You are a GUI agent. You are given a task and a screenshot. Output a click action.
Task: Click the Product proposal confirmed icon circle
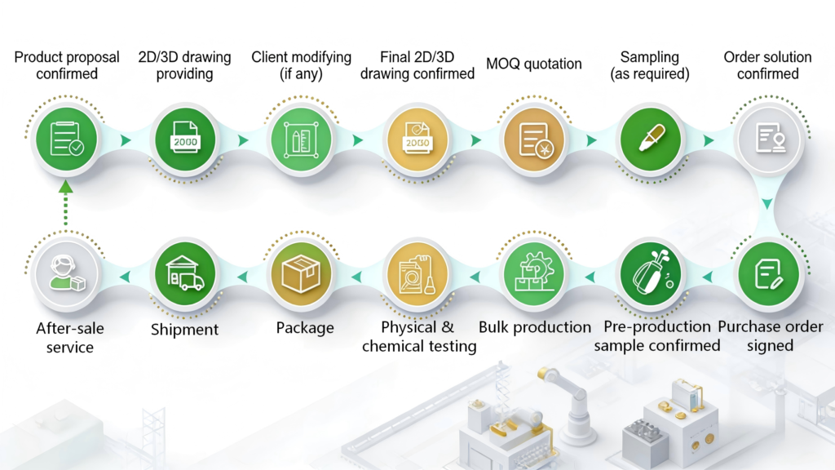(x=67, y=140)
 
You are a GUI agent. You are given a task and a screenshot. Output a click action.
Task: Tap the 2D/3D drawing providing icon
(x=185, y=140)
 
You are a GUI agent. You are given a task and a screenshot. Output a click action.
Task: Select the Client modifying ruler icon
(x=302, y=140)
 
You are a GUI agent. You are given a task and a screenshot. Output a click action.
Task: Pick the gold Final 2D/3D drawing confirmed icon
(x=417, y=140)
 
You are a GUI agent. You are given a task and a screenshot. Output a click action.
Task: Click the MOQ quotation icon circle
(x=534, y=140)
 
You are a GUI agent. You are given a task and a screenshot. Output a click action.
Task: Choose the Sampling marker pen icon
(x=650, y=140)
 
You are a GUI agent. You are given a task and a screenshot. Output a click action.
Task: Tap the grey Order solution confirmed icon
(x=768, y=140)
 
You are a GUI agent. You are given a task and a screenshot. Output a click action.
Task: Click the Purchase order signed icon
(x=768, y=274)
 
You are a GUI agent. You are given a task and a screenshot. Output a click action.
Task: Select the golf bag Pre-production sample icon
(x=650, y=274)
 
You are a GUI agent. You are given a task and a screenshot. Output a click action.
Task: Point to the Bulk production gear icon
(x=534, y=274)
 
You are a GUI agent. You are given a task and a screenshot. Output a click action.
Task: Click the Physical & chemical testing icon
(x=417, y=274)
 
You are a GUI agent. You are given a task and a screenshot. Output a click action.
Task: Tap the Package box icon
(x=302, y=274)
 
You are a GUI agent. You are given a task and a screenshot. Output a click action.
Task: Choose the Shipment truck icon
(x=185, y=274)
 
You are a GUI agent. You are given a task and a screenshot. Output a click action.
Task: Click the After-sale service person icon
(x=67, y=274)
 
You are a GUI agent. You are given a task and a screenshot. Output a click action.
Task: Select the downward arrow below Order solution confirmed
(x=767, y=203)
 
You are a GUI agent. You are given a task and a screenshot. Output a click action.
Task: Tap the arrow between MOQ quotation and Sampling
(x=592, y=140)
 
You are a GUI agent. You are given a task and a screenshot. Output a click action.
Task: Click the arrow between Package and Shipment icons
(x=242, y=277)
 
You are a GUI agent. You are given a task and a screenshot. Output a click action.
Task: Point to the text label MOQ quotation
(x=533, y=64)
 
